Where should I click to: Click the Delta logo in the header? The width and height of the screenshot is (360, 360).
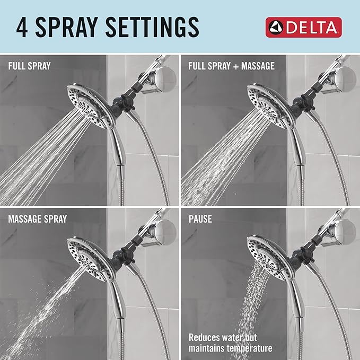303,27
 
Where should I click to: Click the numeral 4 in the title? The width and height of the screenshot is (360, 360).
22,27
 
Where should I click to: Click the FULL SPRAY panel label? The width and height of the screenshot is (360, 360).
29,67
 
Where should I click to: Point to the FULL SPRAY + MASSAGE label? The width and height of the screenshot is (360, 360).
231,67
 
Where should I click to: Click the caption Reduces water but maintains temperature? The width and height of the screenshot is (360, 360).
231,343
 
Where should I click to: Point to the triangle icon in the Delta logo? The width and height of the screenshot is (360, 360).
276,27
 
